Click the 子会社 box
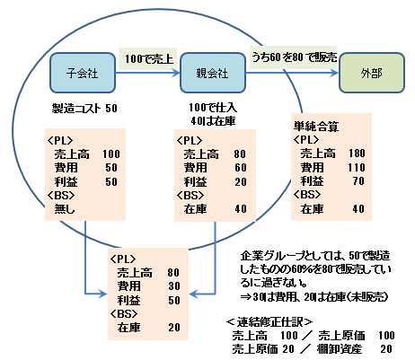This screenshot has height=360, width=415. (83, 73)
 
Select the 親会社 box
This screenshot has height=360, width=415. (213, 73)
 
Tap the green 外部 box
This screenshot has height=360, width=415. (372, 73)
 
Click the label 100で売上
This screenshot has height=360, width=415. (149, 59)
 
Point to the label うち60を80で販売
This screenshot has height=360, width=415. (294, 57)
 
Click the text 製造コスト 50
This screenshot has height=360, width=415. (84, 108)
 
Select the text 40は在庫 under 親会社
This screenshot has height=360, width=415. (213, 120)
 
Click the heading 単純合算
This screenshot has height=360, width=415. (316, 127)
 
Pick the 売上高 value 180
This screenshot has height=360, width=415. (357, 153)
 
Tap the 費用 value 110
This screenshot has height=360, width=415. (357, 167)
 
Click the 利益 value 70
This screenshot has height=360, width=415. (358, 181)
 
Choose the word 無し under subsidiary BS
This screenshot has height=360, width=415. (65, 208)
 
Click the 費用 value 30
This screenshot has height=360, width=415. (174, 286)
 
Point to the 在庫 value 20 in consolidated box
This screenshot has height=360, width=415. (174, 327)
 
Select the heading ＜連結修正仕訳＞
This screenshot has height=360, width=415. (269, 322)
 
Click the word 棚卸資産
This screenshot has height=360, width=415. (340, 348)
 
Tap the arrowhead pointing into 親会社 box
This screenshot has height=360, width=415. (176, 73)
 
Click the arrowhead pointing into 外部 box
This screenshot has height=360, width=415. (335, 73)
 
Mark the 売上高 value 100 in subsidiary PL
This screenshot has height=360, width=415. (111, 154)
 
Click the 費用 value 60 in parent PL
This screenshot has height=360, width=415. (241, 168)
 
